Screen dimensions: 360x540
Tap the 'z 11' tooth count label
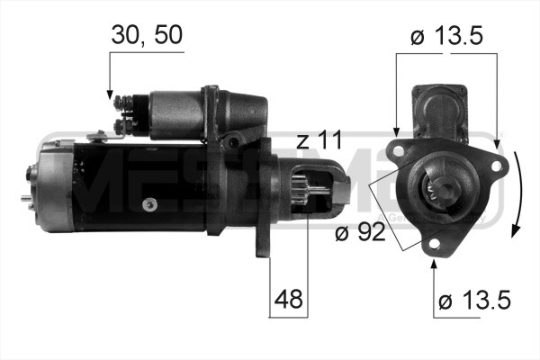319,140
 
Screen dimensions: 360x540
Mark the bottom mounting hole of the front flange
434,247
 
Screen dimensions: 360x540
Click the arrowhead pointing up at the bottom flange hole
434,262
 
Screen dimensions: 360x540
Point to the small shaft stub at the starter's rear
21,196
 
